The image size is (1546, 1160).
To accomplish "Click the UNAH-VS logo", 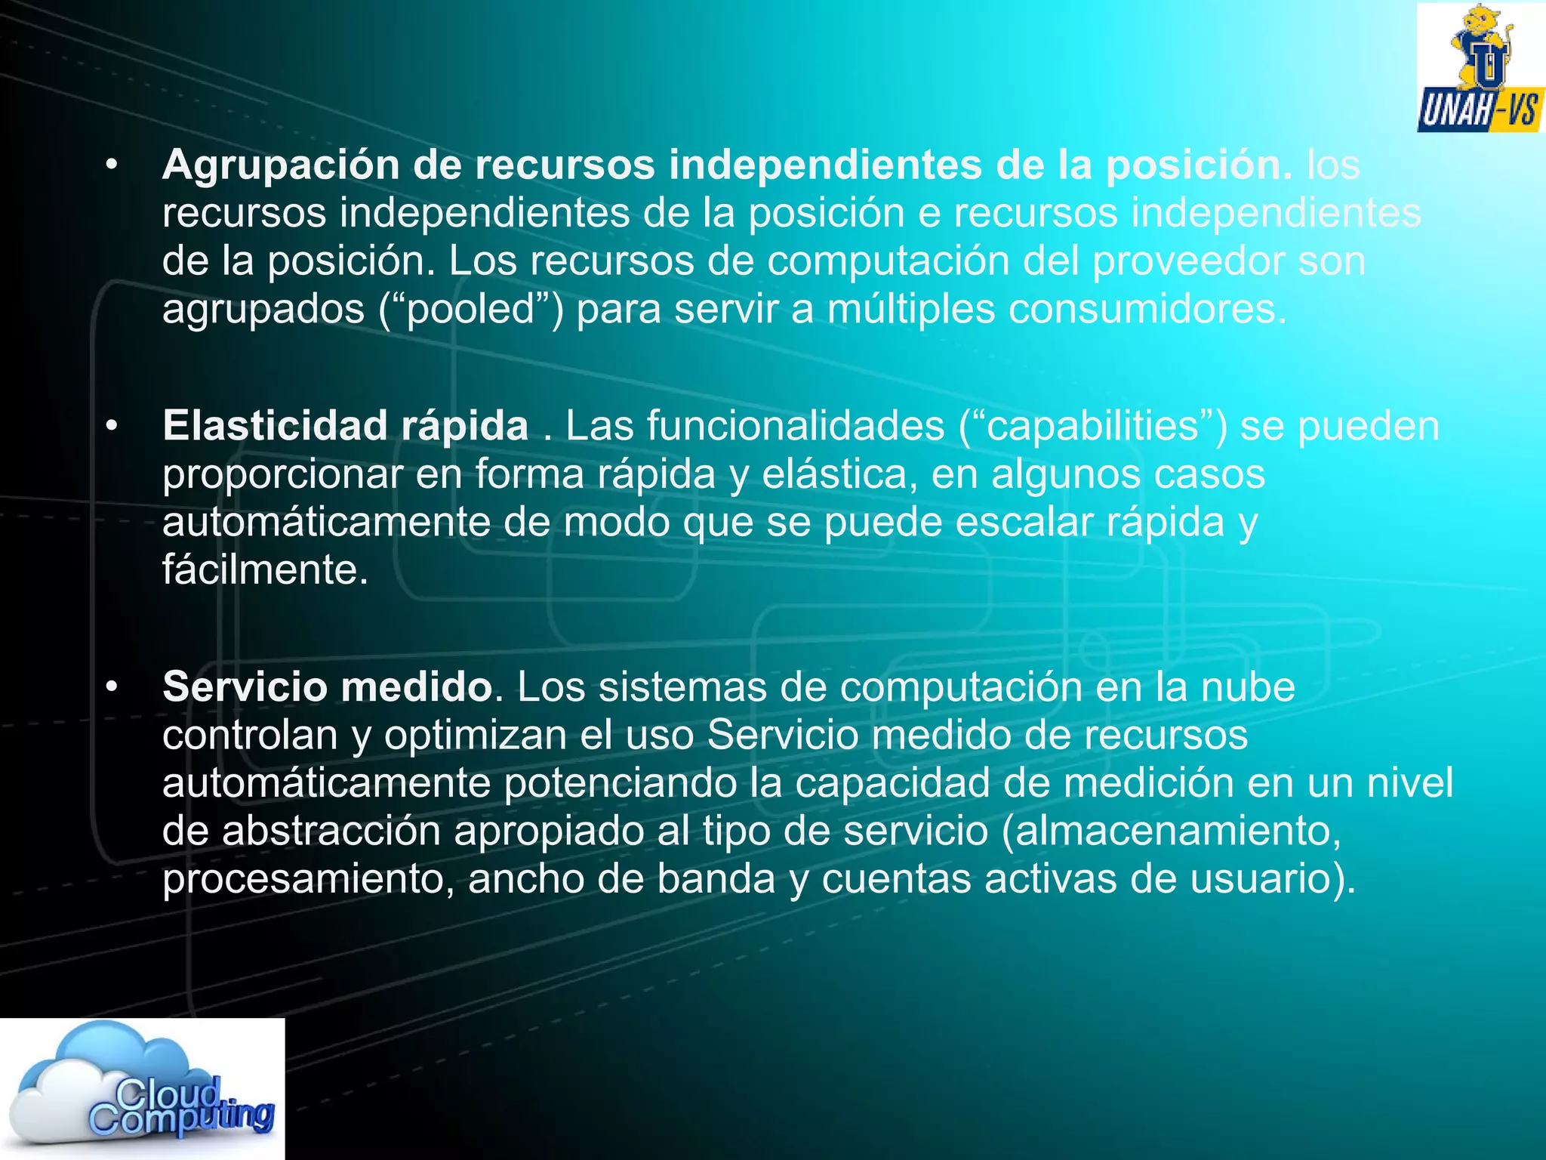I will (x=1480, y=68).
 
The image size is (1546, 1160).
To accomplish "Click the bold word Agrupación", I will (x=280, y=165).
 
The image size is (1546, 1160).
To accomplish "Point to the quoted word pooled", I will (x=472, y=309).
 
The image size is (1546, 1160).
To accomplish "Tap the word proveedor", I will (x=1188, y=261).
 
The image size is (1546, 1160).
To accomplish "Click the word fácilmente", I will (x=265, y=569).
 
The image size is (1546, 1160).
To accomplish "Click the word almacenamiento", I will (x=1178, y=831).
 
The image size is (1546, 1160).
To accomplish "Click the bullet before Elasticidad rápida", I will (x=112, y=426).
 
